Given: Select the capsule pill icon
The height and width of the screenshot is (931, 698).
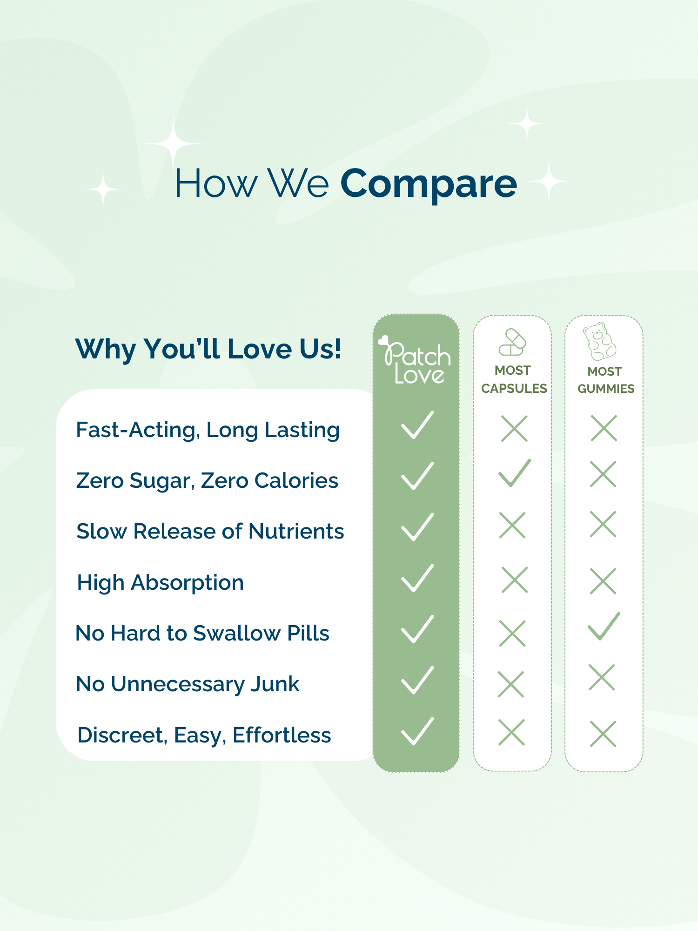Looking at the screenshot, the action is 512,342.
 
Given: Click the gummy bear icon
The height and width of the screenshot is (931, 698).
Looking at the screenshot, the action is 599,341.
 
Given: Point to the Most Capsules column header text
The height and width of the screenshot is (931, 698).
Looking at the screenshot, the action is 514,379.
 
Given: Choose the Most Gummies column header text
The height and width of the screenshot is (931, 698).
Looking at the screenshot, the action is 605,380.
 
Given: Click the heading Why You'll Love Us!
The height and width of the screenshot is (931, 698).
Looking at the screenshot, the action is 208,349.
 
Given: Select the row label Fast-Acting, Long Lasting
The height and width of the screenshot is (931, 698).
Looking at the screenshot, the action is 208,430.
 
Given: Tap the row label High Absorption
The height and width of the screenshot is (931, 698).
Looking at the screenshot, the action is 161,583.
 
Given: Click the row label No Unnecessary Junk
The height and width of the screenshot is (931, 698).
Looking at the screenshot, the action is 188,684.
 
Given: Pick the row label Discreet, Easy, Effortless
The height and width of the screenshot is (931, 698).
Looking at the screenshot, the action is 204,735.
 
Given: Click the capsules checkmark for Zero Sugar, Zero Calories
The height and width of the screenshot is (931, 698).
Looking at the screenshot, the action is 514,473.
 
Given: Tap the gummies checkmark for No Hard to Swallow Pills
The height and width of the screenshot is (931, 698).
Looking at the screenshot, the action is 604,626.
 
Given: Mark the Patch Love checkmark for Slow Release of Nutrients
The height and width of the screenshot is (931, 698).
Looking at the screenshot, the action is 417,527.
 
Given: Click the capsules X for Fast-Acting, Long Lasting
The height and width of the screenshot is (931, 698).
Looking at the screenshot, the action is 514,428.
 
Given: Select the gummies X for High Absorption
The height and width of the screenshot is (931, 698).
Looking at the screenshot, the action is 603,581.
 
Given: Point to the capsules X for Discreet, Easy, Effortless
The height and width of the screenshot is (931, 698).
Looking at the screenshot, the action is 511,732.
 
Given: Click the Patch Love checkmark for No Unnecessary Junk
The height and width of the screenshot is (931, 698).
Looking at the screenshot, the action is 417,680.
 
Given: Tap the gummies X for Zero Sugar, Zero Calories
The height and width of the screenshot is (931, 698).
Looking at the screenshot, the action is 603,474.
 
